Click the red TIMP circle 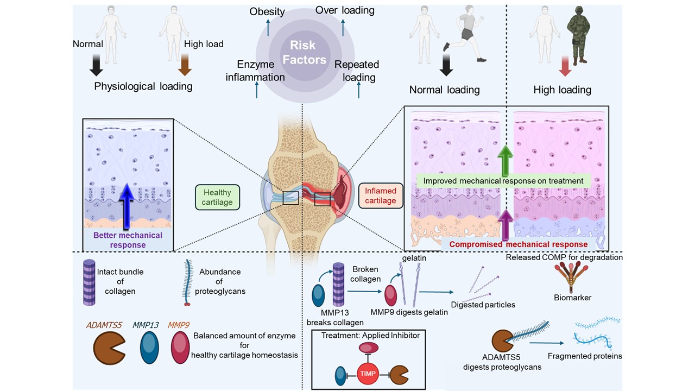pos(368,373)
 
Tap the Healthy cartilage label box pos(218,197)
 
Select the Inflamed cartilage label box pos(381,195)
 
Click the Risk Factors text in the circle pos(305,53)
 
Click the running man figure pos(464,34)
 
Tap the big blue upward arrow pos(127,206)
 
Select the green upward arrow pos(506,161)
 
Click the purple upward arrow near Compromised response pos(506,225)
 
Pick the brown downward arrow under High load pos(185,65)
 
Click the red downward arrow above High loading pos(565,66)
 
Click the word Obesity pos(267,11)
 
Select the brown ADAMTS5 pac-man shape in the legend pos(109,348)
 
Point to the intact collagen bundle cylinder pos(89,282)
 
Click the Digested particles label pos(483,305)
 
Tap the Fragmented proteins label pos(585,356)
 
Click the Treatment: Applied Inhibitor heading pos(370,336)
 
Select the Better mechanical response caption pos(128,240)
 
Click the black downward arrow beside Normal pos(96,65)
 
